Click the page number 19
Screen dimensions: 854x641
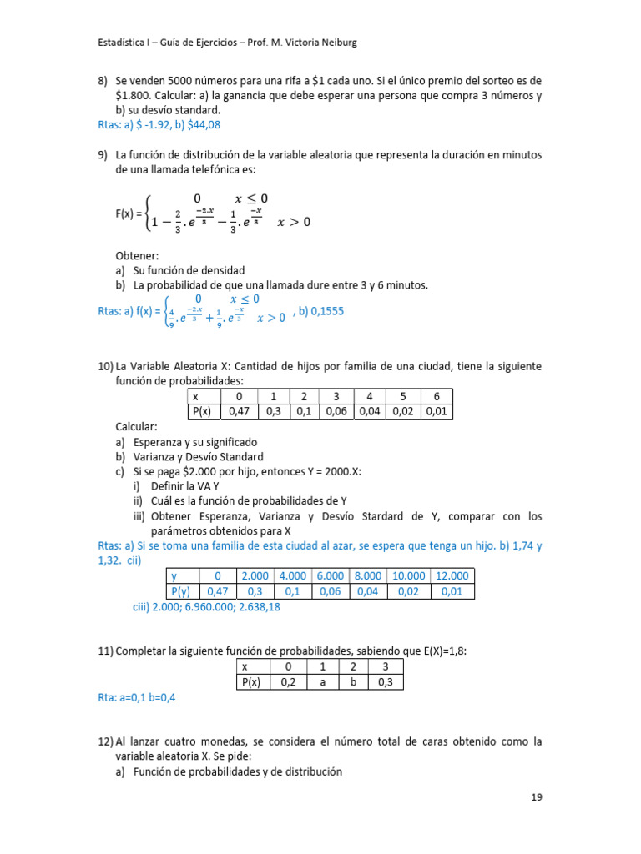tap(537, 797)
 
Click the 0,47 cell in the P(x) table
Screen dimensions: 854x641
tap(240, 411)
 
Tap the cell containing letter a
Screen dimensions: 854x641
tap(318, 681)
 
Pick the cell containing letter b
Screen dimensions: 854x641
tap(352, 681)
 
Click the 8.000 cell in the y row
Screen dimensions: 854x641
tap(368, 575)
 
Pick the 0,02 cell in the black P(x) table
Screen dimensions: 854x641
tap(402, 411)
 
